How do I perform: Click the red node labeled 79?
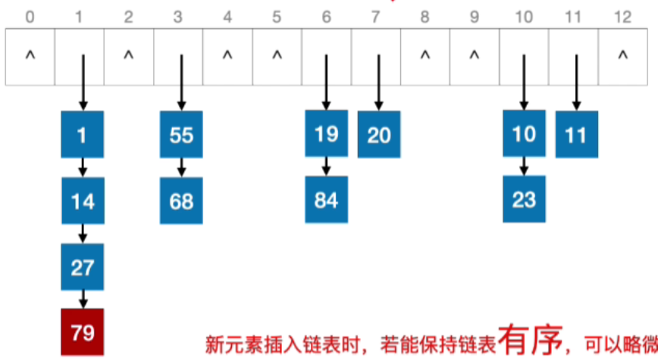coord(83,331)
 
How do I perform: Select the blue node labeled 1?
coord(83,135)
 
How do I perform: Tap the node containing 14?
coord(83,201)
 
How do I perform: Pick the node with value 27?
coord(83,267)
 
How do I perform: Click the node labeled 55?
coord(181,135)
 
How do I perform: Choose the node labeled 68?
coord(181,201)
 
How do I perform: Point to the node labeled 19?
coord(327,134)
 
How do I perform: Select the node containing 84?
coord(327,200)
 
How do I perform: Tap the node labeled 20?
coord(378,134)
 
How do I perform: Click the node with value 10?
coord(524,134)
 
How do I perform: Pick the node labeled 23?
coord(524,200)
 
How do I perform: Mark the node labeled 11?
coord(576,134)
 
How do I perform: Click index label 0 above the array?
coord(30,15)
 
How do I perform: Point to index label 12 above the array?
coord(623,15)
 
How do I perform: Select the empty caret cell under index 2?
coord(128,55)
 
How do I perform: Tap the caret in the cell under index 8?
coord(425,55)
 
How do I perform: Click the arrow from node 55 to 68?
coord(181,167)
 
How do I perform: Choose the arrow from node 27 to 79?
coord(83,299)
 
